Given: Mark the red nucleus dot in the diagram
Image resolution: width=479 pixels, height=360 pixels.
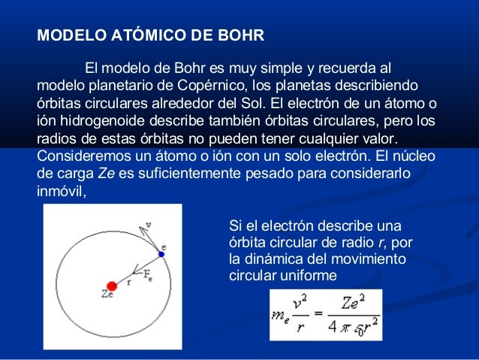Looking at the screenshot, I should click(112, 286).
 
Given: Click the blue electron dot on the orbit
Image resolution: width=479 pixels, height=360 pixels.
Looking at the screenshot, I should click(161, 255).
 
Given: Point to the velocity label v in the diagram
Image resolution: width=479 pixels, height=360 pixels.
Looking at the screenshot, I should click(149, 223).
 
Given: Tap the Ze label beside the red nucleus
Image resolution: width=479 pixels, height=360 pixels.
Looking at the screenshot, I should click(107, 298).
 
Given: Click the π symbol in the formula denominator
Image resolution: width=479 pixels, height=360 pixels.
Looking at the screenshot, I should click(348, 327).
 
